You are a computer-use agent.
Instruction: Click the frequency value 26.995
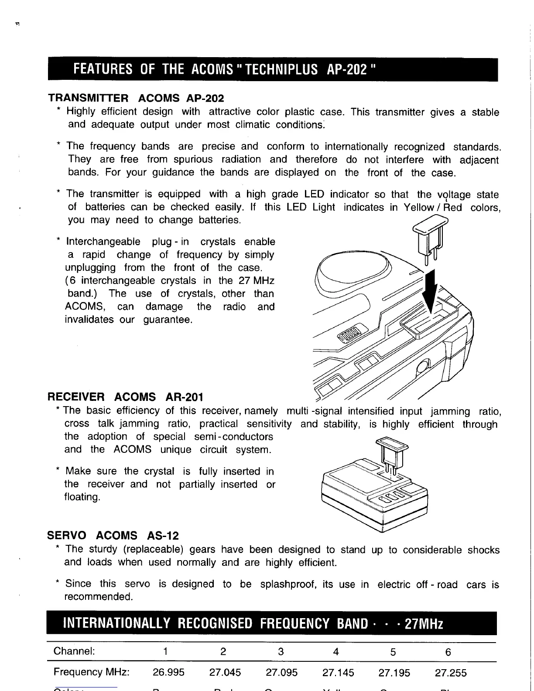(x=168, y=672)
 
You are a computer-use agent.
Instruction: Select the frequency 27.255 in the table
(x=451, y=673)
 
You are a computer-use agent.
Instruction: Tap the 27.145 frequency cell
(x=338, y=673)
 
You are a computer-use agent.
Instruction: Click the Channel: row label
(x=74, y=652)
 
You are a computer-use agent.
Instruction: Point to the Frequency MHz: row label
(x=91, y=672)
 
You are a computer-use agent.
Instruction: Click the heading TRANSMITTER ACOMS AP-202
(x=136, y=98)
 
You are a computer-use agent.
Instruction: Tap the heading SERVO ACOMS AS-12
(x=113, y=536)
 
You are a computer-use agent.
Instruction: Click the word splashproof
(x=288, y=584)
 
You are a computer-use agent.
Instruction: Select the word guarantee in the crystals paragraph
(x=168, y=320)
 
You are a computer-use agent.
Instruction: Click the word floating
(x=82, y=497)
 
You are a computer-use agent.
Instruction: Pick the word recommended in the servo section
(x=99, y=597)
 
